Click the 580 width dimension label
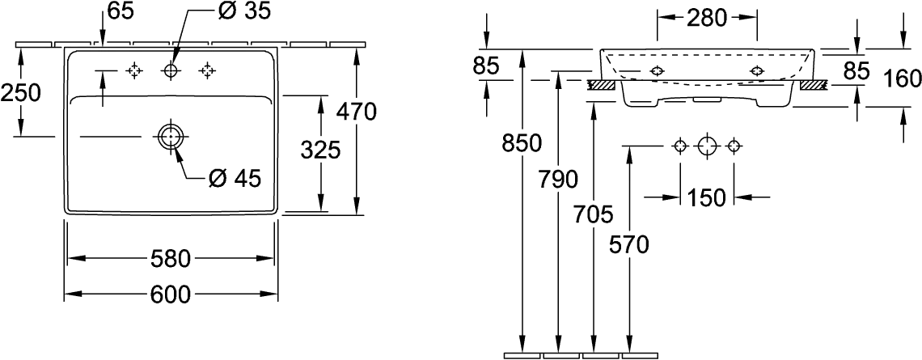pos(170,258)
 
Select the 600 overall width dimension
pos(171,294)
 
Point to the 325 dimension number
pos(320,151)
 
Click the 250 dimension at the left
pos(20,93)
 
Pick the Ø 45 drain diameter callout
pos(235,178)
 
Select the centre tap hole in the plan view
pos(171,71)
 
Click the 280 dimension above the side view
pos(707,19)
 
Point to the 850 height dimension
pos(521,143)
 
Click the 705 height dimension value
pos(593,215)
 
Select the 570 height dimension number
pos(629,244)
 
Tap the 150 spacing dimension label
pos(706,197)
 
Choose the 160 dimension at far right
pos(903,78)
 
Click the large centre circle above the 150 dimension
pos(707,146)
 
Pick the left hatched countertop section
pos(601,85)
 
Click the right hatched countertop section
pos(814,85)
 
